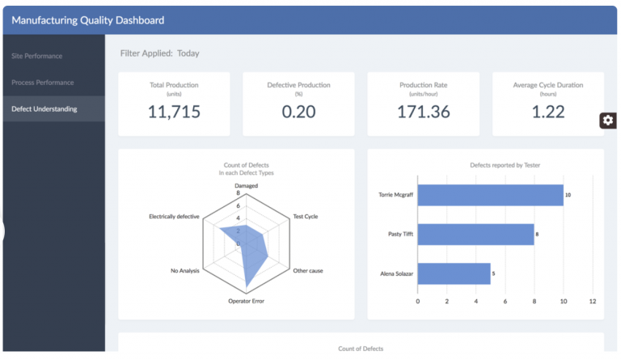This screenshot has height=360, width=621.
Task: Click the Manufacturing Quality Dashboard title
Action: click(87, 20)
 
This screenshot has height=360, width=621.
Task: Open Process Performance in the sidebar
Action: click(43, 83)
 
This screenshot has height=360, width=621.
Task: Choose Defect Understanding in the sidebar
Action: click(44, 109)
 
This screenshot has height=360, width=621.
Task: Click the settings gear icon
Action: click(608, 120)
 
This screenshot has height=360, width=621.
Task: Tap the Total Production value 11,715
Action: click(174, 112)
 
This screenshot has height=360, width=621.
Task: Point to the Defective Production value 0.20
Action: click(298, 112)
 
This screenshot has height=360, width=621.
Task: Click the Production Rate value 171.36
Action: click(423, 112)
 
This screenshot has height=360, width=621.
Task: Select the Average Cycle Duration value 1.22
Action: click(547, 112)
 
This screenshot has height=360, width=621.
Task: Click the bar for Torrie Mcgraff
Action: click(490, 195)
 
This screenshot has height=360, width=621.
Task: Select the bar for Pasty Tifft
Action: click(475, 235)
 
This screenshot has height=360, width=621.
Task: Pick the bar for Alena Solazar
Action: click(454, 273)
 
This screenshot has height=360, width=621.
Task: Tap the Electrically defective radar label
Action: click(174, 217)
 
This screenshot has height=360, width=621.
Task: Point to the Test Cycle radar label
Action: click(305, 217)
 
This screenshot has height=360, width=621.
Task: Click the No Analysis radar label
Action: click(186, 270)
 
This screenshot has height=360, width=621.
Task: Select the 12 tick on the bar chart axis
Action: click(592, 301)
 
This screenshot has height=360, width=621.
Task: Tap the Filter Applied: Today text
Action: click(159, 53)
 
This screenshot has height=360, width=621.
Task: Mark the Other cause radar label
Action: click(307, 270)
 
